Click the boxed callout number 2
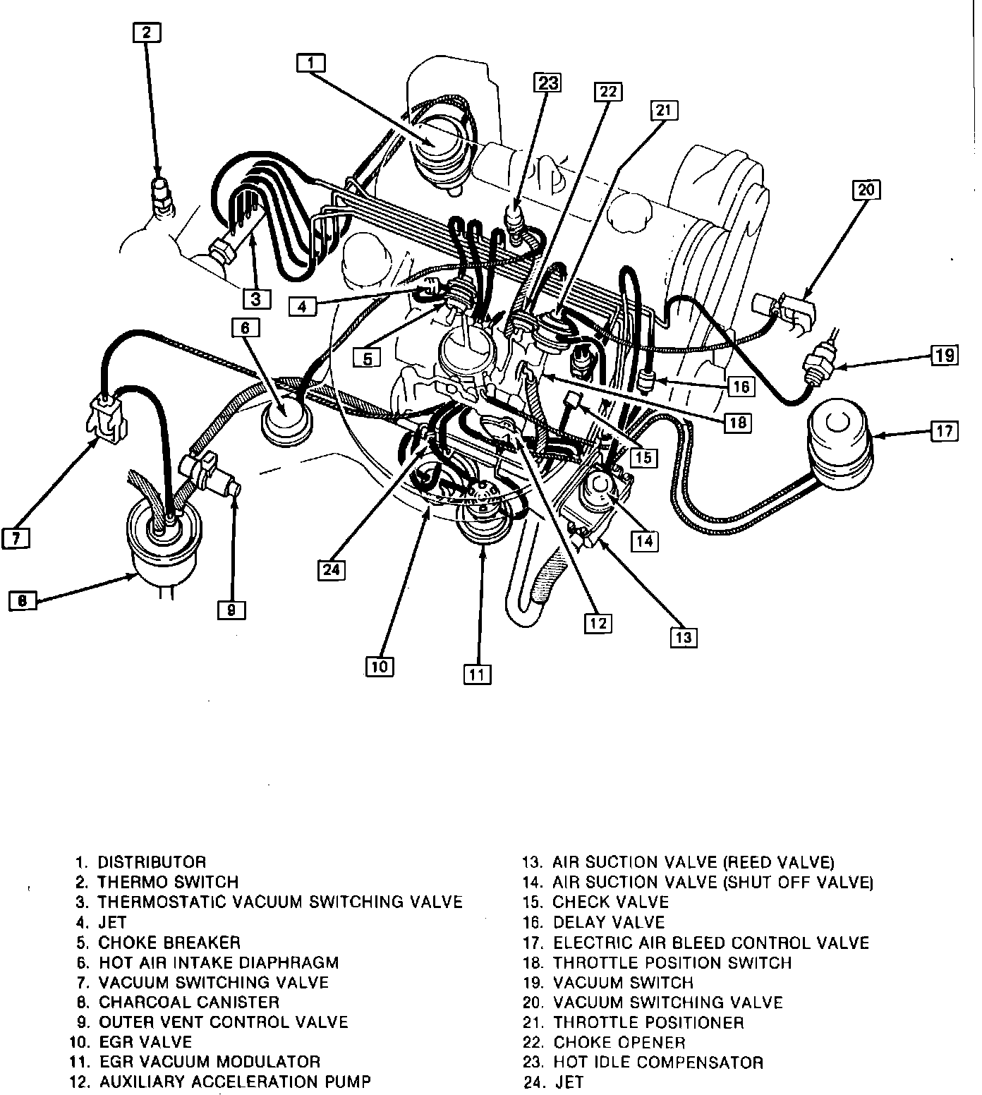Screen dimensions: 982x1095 [x=146, y=32]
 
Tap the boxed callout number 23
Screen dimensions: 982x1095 [x=548, y=83]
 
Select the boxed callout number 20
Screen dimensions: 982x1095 [x=867, y=190]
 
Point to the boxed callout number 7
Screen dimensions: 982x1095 [x=16, y=538]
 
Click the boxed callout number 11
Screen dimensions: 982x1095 [x=477, y=674]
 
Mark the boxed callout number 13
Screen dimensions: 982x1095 [x=684, y=637]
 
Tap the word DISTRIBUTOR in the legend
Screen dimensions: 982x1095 [x=152, y=862]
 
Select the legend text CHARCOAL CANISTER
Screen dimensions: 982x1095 [x=189, y=1002]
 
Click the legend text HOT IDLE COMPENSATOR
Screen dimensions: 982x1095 [x=658, y=1062]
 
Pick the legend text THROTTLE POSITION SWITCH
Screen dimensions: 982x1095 [x=672, y=962]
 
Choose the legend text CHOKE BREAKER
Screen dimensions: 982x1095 [x=169, y=942]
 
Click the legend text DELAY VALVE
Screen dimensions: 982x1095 [x=609, y=922]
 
